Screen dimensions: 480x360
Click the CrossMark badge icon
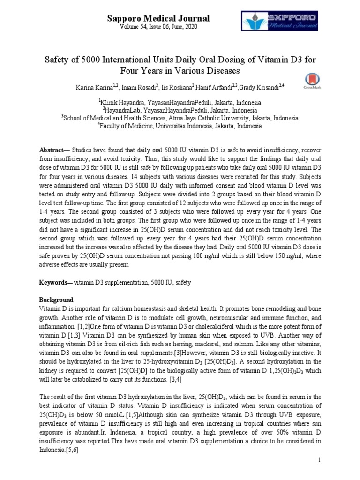[x=311, y=81]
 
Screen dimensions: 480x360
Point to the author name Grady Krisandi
[x=259, y=87]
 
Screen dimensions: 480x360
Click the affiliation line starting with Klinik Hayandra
[x=180, y=102]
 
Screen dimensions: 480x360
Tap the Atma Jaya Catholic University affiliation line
[x=180, y=118]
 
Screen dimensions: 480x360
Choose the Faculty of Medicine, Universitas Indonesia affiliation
[x=180, y=126]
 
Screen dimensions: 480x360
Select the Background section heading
[x=56, y=300]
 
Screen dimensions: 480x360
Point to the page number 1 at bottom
[x=319, y=460]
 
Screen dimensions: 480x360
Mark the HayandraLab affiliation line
[x=180, y=110]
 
